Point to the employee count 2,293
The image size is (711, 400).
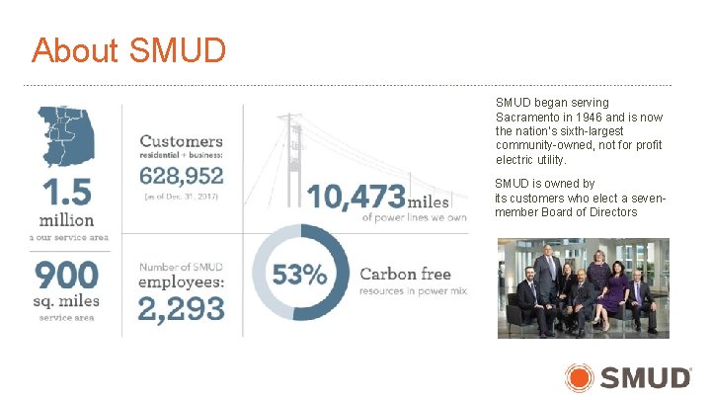coord(181,308)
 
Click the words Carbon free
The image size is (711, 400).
coord(405,274)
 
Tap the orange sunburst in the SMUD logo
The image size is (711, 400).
coord(580,377)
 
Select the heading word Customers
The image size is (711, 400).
coord(181,142)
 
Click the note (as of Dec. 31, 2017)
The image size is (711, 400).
coord(182,198)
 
